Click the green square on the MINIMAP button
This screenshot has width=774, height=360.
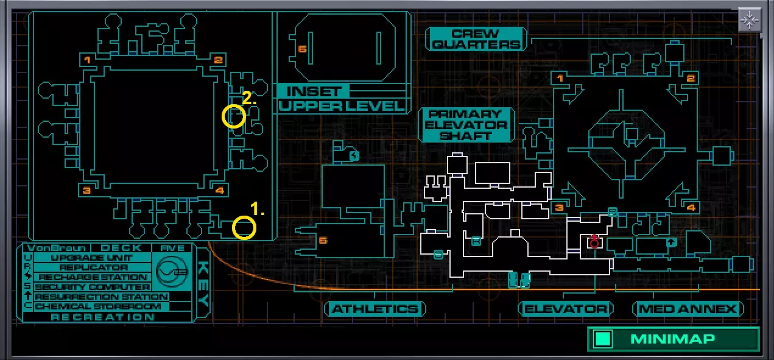(603, 339)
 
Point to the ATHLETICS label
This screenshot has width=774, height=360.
(375, 309)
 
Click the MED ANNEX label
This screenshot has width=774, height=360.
(688, 309)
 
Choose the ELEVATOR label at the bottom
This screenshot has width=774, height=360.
(566, 309)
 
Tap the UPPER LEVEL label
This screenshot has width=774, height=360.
(342, 106)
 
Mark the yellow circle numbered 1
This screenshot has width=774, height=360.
(244, 228)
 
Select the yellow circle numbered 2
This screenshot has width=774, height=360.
(233, 116)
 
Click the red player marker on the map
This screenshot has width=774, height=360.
(594, 242)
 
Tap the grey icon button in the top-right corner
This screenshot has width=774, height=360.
(748, 20)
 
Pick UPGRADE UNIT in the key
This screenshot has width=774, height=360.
(93, 258)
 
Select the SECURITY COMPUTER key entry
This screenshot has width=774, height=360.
(93, 287)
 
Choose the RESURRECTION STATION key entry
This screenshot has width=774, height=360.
(101, 297)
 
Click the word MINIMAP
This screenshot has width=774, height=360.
(672, 339)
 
